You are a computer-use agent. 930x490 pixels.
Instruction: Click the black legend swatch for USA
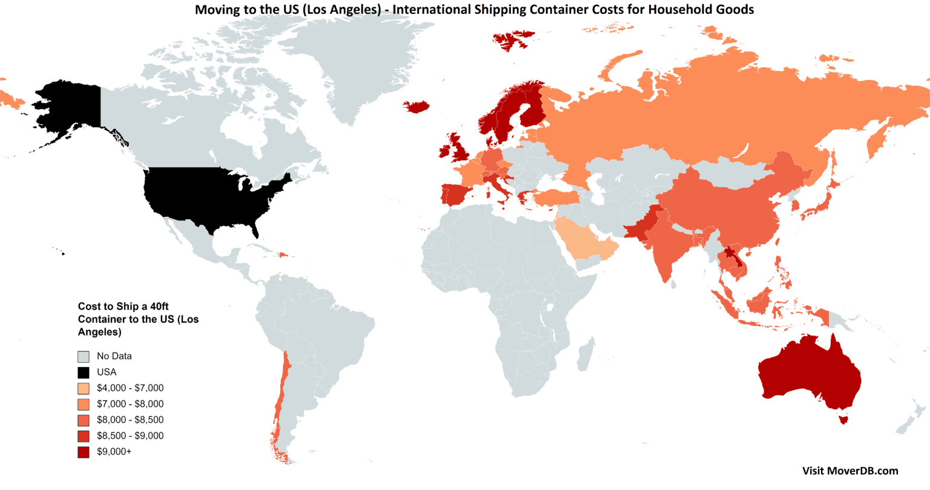pos(84,372)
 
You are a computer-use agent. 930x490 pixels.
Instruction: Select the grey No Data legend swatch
pos(84,357)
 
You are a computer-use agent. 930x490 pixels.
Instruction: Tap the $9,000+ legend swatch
pos(84,452)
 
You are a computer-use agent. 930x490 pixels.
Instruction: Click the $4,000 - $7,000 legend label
pos(130,388)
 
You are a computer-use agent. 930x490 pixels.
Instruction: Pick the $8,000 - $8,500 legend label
pos(130,420)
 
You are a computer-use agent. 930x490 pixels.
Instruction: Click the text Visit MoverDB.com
pos(850,471)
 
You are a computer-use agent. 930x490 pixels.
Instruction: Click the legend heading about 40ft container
pos(138,319)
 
